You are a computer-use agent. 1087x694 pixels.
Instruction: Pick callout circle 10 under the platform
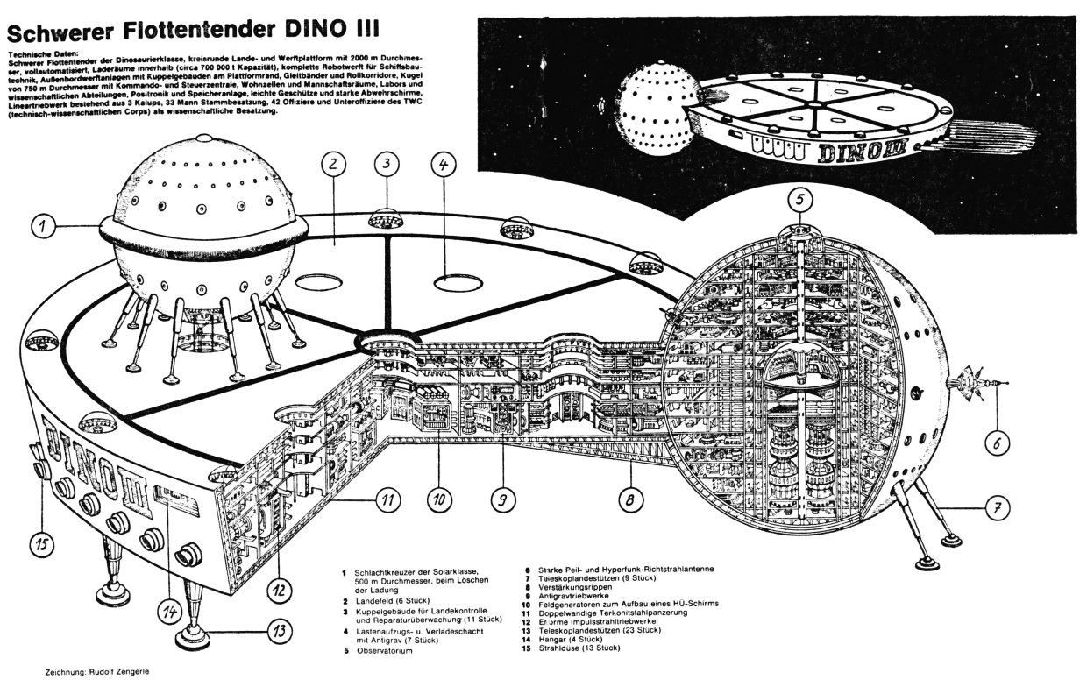pyautogui.click(x=441, y=500)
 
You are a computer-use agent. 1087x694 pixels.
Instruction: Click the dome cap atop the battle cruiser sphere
pyautogui.click(x=203, y=140)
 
